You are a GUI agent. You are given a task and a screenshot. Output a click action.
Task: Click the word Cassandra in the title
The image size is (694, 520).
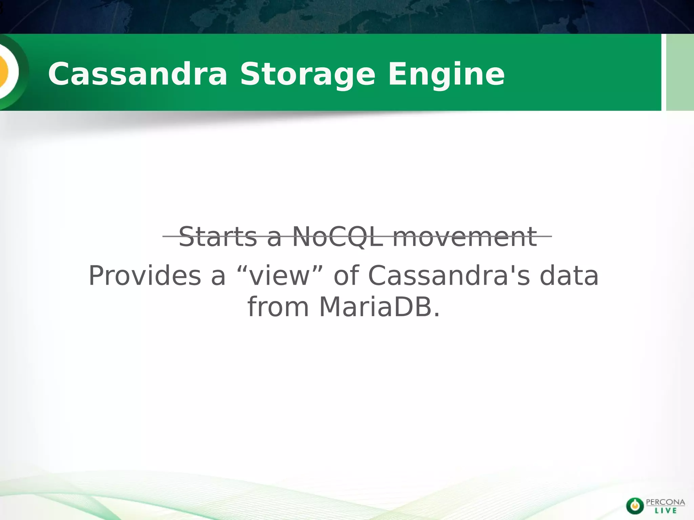137,74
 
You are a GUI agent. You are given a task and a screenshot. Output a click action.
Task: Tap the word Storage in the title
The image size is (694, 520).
308,74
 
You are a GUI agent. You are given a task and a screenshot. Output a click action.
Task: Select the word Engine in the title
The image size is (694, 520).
446,74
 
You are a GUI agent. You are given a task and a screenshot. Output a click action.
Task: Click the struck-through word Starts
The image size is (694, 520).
218,237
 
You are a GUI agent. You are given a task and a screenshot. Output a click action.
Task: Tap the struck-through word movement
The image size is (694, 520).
464,237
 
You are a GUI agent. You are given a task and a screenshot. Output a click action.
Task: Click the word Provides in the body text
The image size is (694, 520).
145,276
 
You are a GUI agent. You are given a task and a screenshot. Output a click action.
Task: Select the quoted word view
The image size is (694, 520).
280,276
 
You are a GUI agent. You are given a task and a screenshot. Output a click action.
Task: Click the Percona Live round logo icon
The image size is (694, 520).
634,506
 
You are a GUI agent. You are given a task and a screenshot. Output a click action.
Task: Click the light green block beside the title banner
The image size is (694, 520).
680,72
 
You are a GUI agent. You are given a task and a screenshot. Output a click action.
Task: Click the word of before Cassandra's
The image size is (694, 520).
346,276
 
